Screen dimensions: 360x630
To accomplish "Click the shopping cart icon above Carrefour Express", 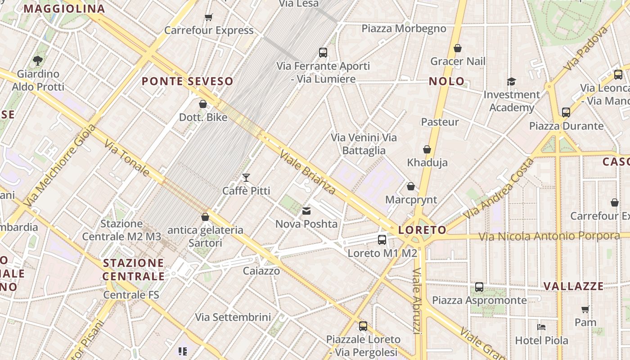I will point(208,18).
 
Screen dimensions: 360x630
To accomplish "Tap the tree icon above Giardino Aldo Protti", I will point(38,60).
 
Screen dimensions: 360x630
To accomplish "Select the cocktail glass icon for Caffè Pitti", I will point(246,178).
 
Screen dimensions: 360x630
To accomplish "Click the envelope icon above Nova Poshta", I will point(306,211).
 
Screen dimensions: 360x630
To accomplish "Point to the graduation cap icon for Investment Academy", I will point(511,81).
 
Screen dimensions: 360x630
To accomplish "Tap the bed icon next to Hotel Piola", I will point(541,327).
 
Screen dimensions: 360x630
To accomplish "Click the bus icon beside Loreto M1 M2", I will point(382,240).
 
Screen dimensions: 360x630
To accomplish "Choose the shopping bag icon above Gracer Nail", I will point(458,48).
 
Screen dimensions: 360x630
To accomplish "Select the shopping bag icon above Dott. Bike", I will point(203,104).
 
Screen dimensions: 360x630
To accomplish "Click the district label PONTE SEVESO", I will point(188,81).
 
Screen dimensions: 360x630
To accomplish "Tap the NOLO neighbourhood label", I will point(446,81).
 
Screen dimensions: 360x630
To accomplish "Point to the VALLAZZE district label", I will point(573,286).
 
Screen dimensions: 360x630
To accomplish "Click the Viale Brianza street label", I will point(307,172).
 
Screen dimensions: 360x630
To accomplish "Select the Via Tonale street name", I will point(127,157).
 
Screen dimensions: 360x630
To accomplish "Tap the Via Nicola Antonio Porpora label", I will point(549,236).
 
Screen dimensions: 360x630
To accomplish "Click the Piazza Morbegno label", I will point(404,29).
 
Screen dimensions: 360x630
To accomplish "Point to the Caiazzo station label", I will point(261,271).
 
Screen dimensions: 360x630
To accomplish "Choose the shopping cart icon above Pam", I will point(585,310).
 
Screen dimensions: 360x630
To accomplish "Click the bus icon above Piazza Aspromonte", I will point(479,287).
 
